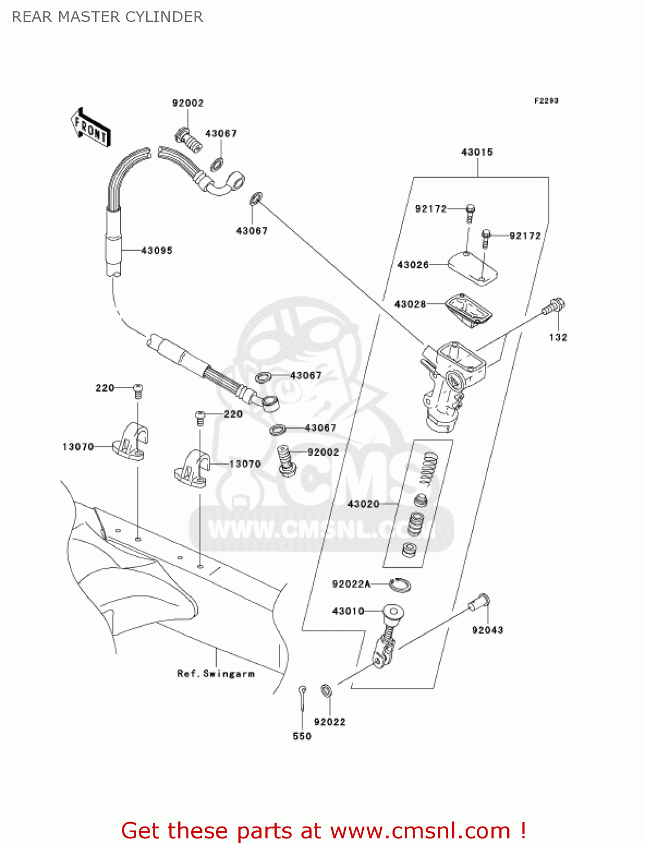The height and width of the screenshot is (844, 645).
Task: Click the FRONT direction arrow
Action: [91, 128]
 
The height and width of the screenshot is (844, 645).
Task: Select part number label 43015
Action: [477, 152]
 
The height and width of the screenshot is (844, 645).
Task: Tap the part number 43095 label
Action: [156, 250]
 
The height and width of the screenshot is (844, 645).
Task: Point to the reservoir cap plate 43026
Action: [472, 266]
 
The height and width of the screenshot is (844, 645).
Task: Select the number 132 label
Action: [558, 337]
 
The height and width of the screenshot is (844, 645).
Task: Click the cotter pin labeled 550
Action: [303, 698]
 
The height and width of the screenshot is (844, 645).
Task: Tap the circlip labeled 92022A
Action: [400, 585]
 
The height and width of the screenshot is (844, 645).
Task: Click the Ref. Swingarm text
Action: [216, 674]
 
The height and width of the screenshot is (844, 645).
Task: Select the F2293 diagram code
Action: [546, 101]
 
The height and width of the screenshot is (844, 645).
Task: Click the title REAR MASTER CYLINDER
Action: [107, 17]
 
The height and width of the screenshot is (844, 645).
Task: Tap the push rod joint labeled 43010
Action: [388, 636]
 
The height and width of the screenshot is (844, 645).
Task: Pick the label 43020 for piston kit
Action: [363, 504]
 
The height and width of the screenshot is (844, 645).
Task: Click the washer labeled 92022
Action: [326, 690]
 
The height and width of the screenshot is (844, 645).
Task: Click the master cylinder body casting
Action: [450, 383]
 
